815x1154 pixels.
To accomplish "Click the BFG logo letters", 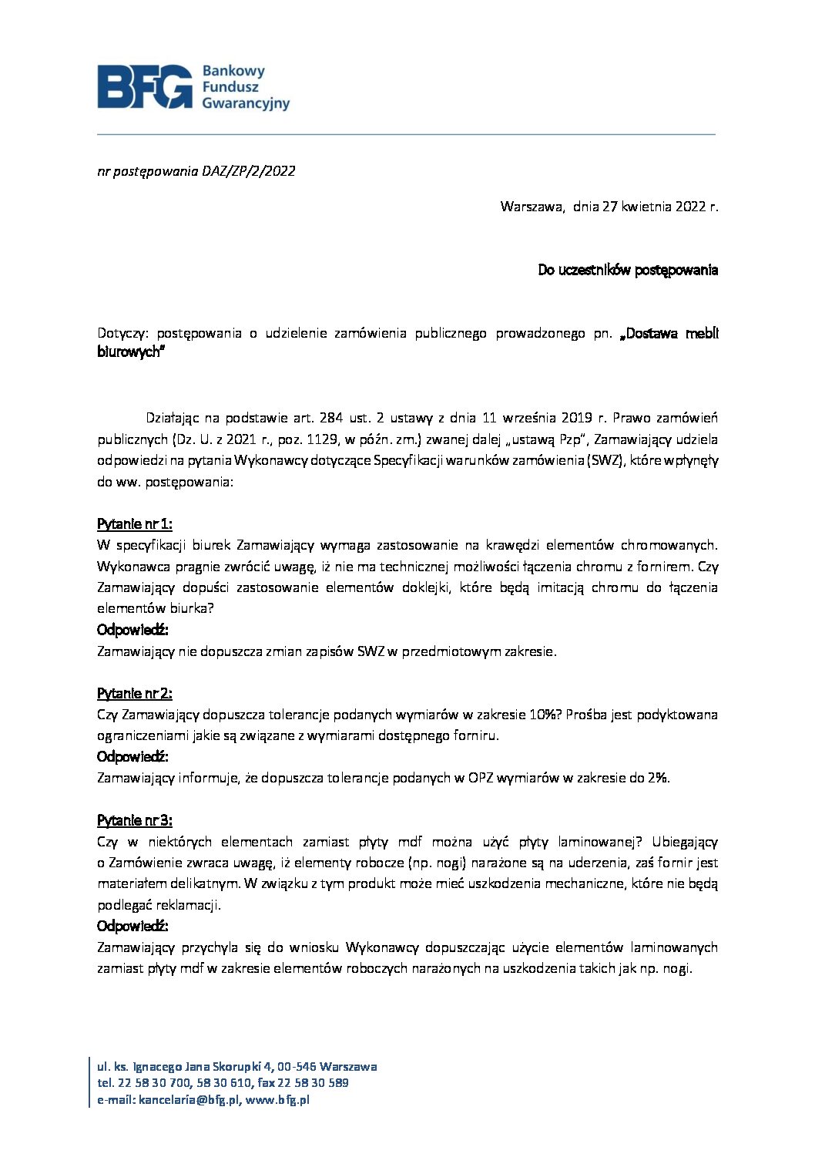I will click(145, 86).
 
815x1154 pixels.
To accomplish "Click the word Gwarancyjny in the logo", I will click(245, 103).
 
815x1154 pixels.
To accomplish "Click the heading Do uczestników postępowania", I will click(628, 270).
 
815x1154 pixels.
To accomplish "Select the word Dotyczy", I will click(122, 334).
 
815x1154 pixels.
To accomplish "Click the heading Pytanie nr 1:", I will click(134, 524).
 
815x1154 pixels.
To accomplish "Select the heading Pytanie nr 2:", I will click(134, 693).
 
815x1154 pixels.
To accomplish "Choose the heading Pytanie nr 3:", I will click(134, 820).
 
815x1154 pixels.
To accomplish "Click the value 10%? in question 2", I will click(545, 715).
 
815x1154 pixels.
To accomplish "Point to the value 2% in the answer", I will click(658, 778).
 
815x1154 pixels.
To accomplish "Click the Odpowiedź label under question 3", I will click(132, 926).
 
